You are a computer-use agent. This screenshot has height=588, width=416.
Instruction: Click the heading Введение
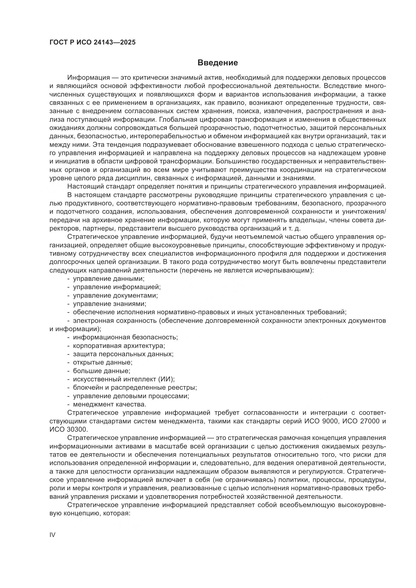point(218,63)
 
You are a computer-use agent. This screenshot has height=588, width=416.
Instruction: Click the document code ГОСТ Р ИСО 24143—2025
point(93,42)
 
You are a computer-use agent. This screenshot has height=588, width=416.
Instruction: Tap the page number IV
point(52,535)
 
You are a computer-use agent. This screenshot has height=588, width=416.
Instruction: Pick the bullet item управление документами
point(115,296)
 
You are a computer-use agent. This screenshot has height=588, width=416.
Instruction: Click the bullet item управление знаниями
point(109,304)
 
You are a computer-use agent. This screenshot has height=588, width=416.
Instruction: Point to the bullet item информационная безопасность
point(125,337)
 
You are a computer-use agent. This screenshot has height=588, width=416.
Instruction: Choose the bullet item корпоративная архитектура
point(119,346)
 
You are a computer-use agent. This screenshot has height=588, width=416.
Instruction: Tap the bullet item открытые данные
point(102,363)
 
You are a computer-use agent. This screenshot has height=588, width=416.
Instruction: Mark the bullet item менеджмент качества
point(109,404)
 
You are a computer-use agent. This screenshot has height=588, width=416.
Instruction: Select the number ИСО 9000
point(321,421)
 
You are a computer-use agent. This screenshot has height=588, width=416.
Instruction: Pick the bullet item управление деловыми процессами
point(131,396)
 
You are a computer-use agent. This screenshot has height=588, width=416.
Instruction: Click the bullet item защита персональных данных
point(123,354)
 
